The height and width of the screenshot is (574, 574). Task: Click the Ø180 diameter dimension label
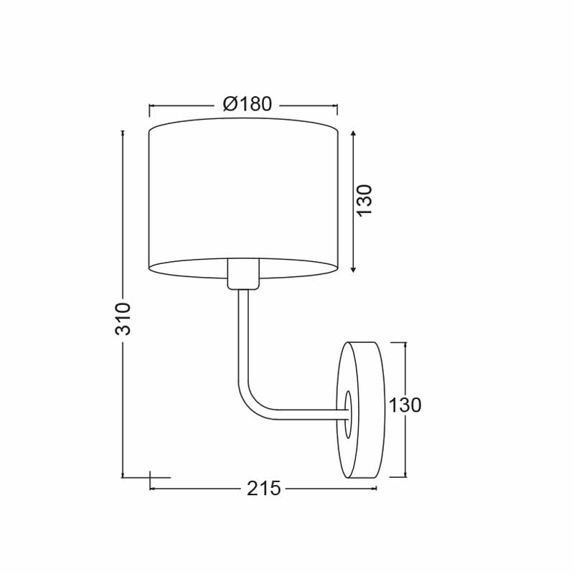[x=248, y=104]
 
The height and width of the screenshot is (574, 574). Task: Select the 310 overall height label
[x=123, y=319]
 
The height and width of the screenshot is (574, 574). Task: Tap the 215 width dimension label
[x=263, y=489]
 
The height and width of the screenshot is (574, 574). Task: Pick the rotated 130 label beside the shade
[x=364, y=201]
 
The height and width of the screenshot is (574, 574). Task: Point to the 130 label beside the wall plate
[x=405, y=405]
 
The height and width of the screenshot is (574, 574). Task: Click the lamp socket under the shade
[x=243, y=274]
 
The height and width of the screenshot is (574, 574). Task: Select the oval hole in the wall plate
[x=348, y=414]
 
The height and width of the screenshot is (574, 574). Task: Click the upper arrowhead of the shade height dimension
[x=353, y=133]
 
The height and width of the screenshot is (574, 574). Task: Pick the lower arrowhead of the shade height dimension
[x=353, y=270]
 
